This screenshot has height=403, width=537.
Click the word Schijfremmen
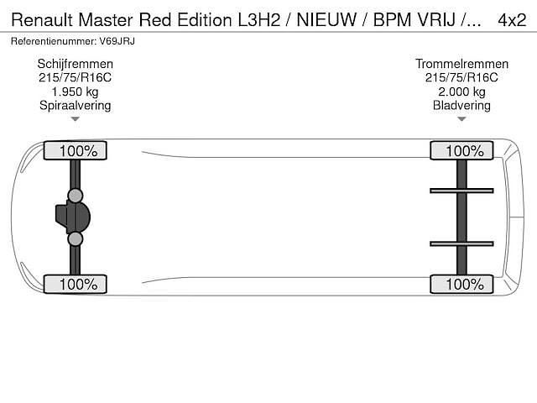click(76, 64)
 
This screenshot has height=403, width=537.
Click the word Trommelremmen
click(461, 64)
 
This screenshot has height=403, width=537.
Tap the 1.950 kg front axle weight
click(76, 92)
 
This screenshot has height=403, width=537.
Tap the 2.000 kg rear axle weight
click(461, 92)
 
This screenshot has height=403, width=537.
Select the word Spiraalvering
click(76, 106)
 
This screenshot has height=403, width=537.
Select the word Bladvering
click(461, 106)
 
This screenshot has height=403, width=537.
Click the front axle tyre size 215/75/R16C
click(76, 78)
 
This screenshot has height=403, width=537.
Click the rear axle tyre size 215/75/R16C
click(461, 78)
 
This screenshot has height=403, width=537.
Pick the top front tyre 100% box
click(76, 151)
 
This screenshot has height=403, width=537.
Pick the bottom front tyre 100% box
click(76, 284)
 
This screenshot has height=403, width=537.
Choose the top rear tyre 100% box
click(461, 151)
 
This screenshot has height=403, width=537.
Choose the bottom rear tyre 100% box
click(461, 284)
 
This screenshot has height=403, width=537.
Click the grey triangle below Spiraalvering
click(76, 120)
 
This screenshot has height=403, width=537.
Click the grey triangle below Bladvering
click(461, 120)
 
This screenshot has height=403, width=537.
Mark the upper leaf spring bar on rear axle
click(461, 191)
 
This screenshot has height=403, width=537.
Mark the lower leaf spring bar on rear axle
click(461, 243)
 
